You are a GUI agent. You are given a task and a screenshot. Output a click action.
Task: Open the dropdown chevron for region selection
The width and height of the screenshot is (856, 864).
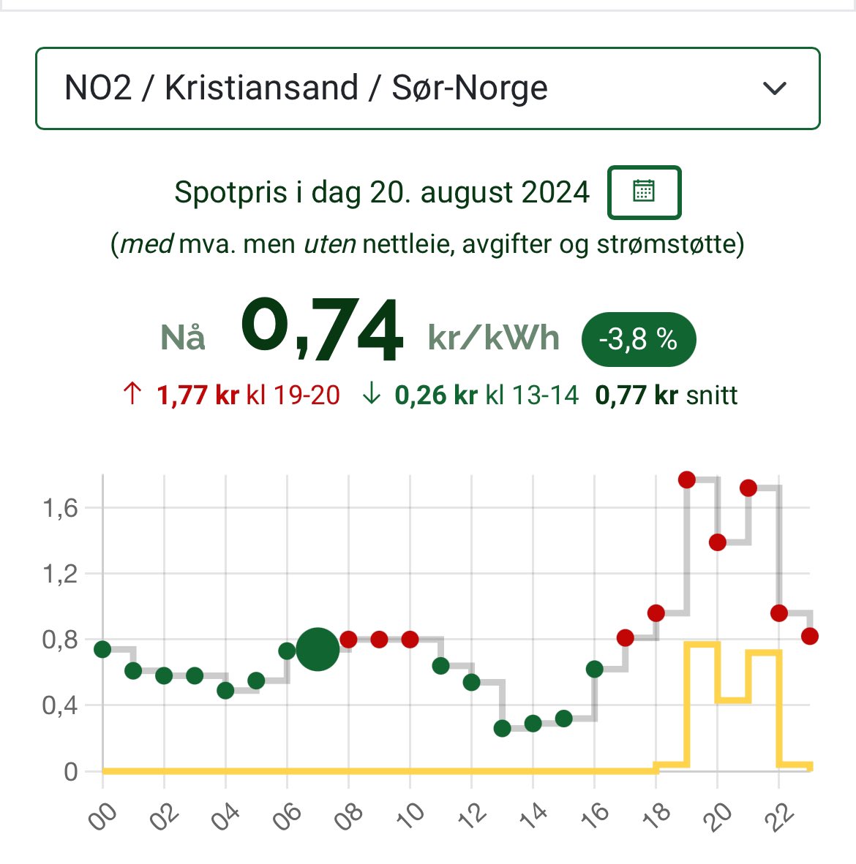coord(774,88)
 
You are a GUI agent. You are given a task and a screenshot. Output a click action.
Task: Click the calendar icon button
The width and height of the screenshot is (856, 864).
coord(644,192)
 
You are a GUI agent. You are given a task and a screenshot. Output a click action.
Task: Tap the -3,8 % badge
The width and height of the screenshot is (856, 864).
coord(638,339)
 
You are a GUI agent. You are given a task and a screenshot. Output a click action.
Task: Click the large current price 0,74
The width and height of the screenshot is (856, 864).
coord(322,330)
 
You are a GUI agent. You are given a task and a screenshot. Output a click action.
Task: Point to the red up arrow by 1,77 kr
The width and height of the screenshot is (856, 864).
coord(132,395)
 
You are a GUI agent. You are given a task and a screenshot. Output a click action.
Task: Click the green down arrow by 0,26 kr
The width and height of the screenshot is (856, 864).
coord(372,395)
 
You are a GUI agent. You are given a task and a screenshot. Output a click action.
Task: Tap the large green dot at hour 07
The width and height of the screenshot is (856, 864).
coord(318,649)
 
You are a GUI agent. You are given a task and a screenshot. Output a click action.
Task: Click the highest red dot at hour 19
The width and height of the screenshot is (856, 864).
coord(686,480)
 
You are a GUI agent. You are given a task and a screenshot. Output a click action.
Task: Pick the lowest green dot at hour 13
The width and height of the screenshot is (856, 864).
coord(502,728)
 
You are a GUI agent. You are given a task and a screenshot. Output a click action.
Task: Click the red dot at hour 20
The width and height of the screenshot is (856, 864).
coord(717,542)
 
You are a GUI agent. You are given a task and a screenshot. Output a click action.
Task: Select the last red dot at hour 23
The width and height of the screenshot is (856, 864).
coord(809,636)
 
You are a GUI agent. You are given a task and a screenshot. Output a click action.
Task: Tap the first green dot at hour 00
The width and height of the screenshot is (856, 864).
coord(102,649)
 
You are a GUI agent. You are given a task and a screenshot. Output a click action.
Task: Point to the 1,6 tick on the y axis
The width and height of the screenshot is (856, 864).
coord(60,507)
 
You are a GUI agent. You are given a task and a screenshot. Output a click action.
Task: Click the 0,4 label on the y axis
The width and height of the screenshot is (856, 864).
coord(60,705)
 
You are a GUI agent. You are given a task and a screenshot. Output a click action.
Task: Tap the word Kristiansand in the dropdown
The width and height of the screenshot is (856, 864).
coord(261,88)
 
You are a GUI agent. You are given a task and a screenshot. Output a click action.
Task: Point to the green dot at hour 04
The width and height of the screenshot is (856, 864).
coord(225,690)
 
